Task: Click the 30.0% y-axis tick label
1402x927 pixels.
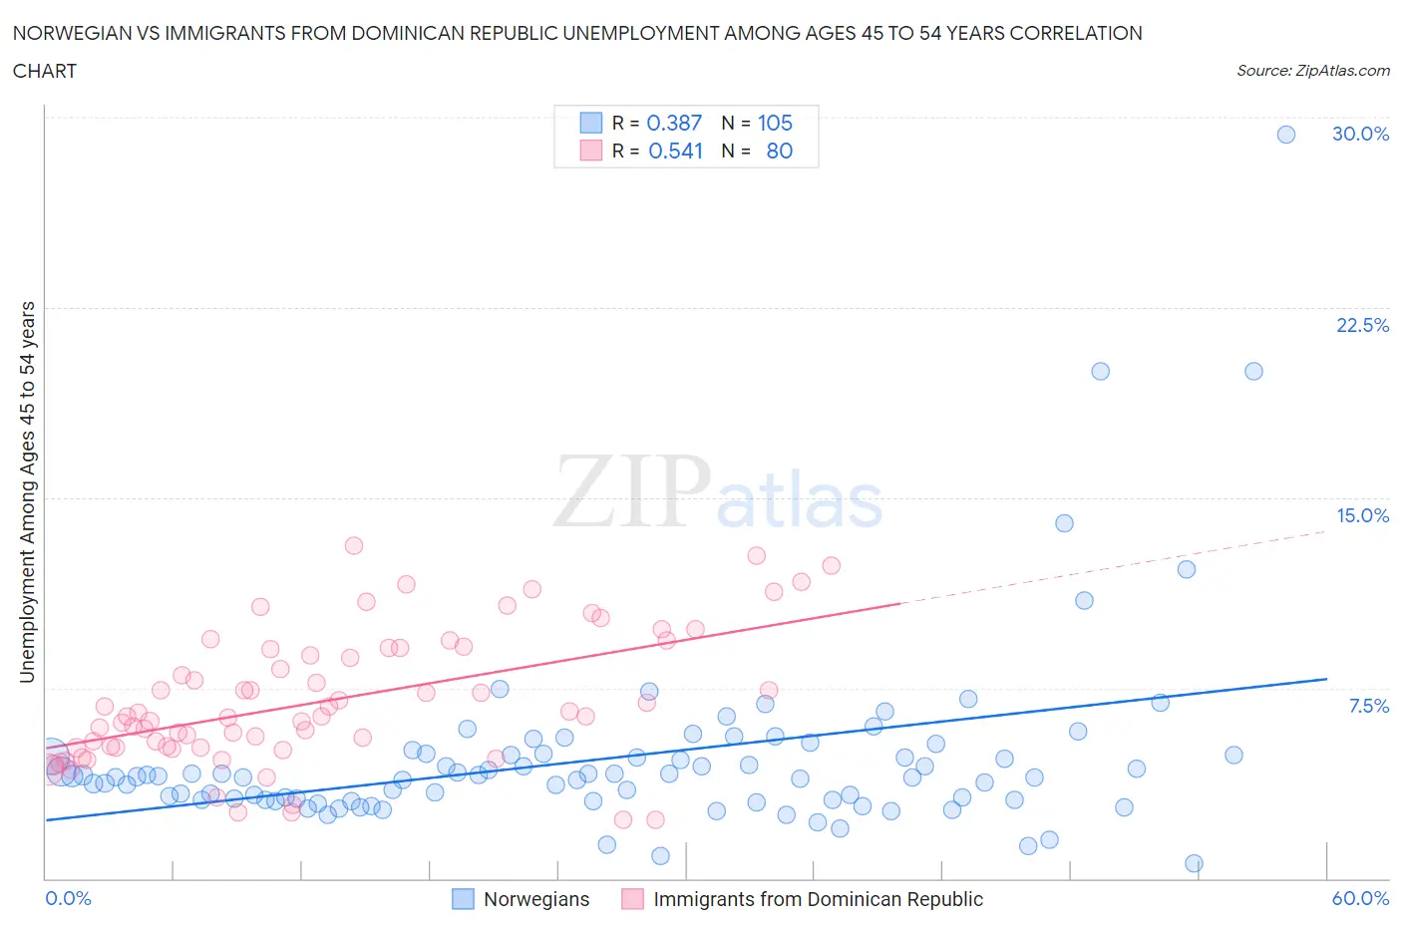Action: [1360, 134]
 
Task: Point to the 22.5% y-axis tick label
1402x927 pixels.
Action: [1362, 325]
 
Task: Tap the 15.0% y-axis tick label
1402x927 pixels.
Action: [1362, 515]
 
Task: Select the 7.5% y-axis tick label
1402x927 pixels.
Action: [1368, 706]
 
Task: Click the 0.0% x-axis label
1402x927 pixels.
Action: [68, 898]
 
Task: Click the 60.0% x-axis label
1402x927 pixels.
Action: [1360, 898]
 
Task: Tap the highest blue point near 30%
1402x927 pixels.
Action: [1286, 135]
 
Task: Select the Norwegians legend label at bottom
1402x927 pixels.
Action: [536, 899]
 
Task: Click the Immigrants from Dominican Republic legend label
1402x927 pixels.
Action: [818, 899]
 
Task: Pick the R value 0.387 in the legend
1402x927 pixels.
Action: [674, 123]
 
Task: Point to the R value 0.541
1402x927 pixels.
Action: [675, 151]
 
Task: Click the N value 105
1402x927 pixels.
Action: [775, 123]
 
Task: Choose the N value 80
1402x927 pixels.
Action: [779, 151]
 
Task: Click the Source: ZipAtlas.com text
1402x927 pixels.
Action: [1312, 70]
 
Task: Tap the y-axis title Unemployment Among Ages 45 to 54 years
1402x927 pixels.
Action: [27, 492]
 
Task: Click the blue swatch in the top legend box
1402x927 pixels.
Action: [591, 123]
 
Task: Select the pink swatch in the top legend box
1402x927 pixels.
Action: [591, 151]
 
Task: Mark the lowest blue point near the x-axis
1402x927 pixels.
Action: [1194, 863]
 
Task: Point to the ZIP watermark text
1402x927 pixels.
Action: [632, 490]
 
